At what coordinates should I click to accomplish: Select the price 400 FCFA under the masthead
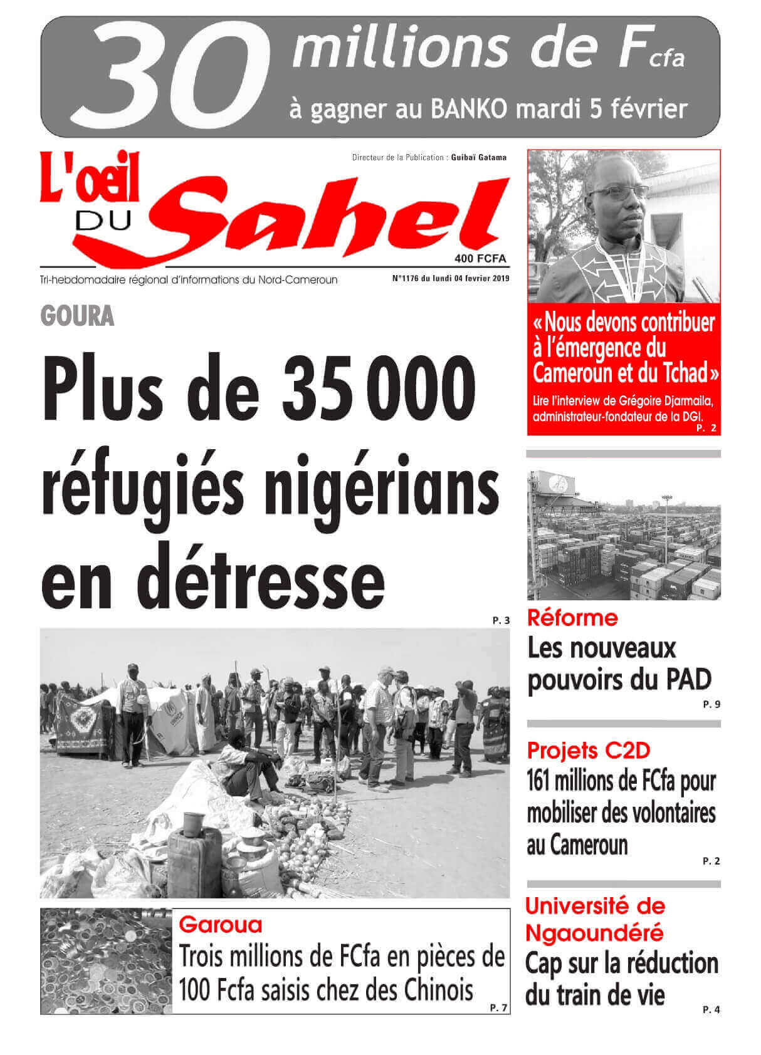coord(480,259)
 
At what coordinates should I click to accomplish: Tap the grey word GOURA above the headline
coord(77,316)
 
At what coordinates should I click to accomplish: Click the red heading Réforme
coord(572,618)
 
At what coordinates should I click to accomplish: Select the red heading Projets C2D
coord(589,749)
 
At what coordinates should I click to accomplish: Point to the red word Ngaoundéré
coord(594,933)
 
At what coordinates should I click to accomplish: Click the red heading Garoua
coord(221,924)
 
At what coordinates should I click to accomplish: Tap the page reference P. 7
coord(499,1008)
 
